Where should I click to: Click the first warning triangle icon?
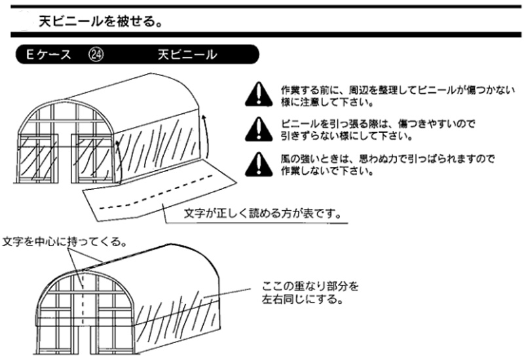pos(259,96)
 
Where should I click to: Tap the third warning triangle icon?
pos(259,165)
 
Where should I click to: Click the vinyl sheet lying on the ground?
pos(157,193)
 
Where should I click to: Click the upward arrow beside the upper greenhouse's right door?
pos(117,157)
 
